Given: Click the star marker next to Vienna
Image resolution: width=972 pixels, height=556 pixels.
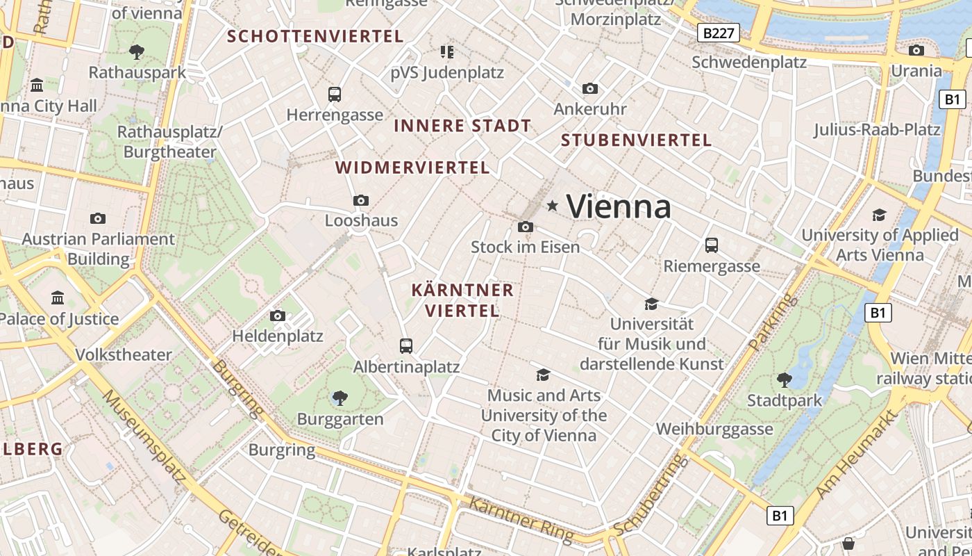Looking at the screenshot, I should click(x=553, y=206).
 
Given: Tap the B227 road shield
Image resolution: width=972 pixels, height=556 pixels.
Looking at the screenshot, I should click(x=718, y=33).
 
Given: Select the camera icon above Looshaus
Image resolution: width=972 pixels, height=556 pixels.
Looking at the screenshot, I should click(x=361, y=200).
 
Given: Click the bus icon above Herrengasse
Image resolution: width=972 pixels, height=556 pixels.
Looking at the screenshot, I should click(x=335, y=94).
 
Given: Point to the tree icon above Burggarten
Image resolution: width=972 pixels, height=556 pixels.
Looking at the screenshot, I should click(x=340, y=398).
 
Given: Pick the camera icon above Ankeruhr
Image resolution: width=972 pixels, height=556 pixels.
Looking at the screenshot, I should click(x=590, y=88).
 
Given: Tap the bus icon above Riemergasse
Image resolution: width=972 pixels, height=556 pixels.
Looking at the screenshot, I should click(x=712, y=245).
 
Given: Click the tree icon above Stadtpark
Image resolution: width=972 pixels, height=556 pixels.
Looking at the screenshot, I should click(x=785, y=379).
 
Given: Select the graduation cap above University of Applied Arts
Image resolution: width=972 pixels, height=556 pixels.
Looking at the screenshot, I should click(x=880, y=215).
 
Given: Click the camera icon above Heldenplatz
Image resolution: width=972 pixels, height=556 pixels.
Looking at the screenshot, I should click(x=278, y=316).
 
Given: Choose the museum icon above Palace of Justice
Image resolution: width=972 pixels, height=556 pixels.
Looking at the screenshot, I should click(x=58, y=298).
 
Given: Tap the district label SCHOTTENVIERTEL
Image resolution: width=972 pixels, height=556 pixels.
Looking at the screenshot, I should click(x=316, y=36).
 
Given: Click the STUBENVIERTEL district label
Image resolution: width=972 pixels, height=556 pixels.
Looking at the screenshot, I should click(x=636, y=140).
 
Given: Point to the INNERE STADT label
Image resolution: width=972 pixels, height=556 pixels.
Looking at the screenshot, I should click(x=462, y=126).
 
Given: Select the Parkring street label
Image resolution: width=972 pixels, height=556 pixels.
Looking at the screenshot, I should click(x=771, y=321).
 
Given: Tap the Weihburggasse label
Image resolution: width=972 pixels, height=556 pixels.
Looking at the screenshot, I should click(x=714, y=429).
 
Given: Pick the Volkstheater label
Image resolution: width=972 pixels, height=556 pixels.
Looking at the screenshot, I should click(x=124, y=354).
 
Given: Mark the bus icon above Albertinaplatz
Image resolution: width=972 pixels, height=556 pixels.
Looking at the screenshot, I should click(x=406, y=345).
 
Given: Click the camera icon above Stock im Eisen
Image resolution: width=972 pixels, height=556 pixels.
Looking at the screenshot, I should click(x=526, y=227).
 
